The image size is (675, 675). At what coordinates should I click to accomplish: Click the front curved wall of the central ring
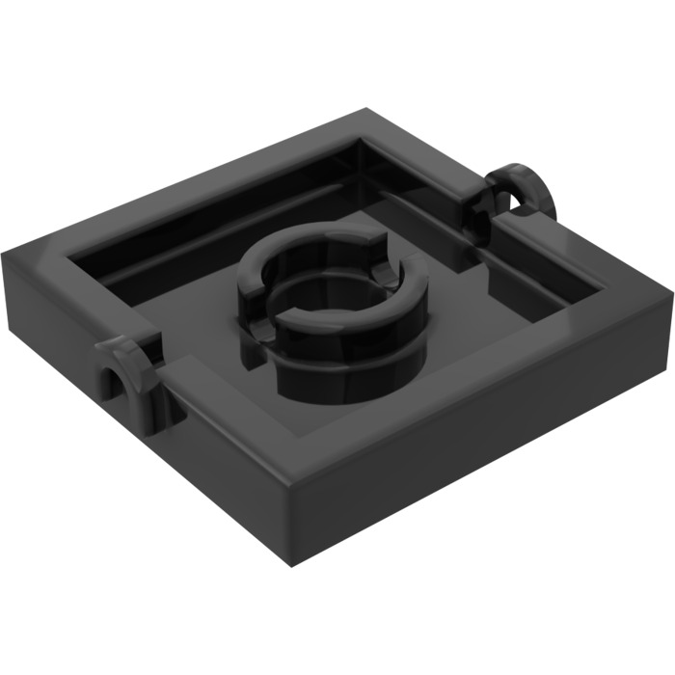tap(328, 371)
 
